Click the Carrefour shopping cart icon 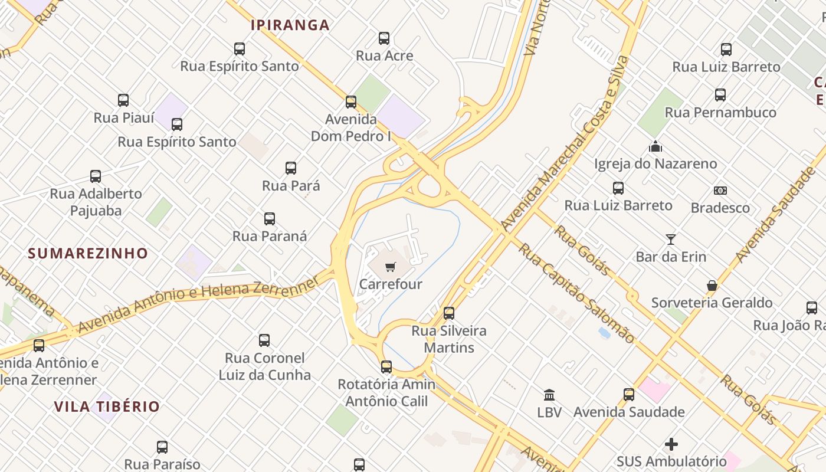point(390,268)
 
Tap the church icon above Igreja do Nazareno point(655,146)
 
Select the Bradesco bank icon point(720,191)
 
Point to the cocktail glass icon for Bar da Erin point(671,240)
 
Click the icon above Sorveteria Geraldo point(712,286)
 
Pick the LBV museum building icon point(549,395)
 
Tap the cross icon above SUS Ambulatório point(671,444)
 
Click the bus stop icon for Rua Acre point(384,38)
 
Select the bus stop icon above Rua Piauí point(123,100)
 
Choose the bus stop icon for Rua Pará point(291,168)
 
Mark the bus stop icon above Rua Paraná point(270,219)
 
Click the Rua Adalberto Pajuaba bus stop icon point(96,176)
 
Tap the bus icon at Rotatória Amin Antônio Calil point(386,367)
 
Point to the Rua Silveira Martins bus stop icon point(449,313)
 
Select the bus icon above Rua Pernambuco point(720,95)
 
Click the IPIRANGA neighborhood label point(290,25)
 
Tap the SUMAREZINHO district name point(88,253)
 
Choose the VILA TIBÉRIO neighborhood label point(107,407)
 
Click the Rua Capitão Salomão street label point(576,293)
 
